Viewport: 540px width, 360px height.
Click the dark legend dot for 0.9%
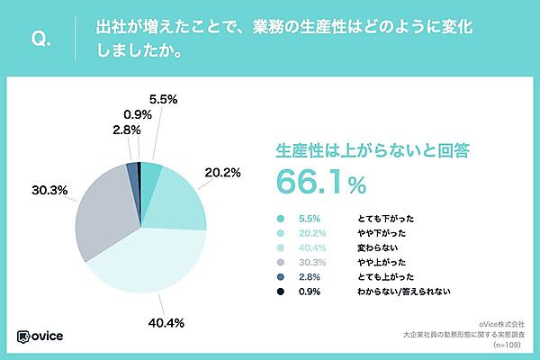pyautogui.click(x=282, y=291)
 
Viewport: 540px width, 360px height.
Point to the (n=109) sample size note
pyautogui.click(x=508, y=344)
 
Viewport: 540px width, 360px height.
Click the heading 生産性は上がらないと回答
pyautogui.click(x=361, y=148)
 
